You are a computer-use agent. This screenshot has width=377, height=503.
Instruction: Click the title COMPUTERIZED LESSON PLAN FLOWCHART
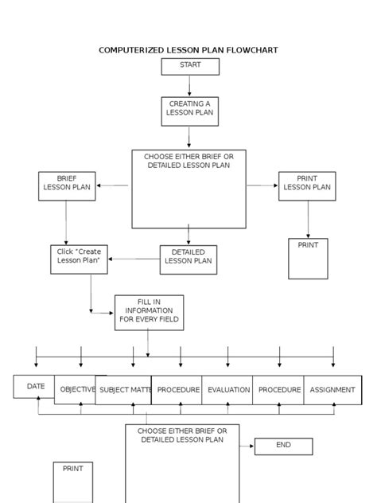click(x=188, y=50)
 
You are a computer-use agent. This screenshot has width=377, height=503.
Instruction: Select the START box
click(x=190, y=66)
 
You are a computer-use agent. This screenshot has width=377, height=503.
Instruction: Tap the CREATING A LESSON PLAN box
click(x=189, y=111)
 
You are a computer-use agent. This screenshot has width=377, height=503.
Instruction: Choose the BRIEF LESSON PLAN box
click(x=67, y=185)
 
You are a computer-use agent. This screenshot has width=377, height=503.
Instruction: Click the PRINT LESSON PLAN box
click(x=307, y=185)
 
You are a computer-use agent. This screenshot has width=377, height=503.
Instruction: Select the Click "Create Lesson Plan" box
click(x=79, y=259)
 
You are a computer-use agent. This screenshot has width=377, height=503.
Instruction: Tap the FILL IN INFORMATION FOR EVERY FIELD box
click(x=149, y=313)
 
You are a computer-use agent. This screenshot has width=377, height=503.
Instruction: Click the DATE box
click(x=35, y=387)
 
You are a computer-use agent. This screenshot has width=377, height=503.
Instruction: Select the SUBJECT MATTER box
click(x=124, y=391)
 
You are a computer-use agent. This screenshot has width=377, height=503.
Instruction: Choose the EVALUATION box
click(x=228, y=390)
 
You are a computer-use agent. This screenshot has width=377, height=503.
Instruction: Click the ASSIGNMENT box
click(x=332, y=390)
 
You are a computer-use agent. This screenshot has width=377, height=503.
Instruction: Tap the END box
click(x=283, y=446)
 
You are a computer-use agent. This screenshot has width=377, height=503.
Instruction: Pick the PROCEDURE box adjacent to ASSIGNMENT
click(x=279, y=390)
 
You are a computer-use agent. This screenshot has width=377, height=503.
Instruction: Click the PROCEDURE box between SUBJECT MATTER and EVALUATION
click(x=177, y=390)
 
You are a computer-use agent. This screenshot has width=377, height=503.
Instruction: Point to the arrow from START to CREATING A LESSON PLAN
click(x=190, y=86)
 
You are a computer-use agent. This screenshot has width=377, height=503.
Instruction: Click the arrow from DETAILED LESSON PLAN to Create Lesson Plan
click(x=134, y=259)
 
